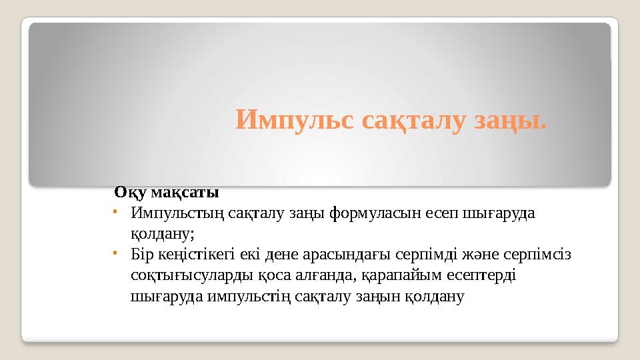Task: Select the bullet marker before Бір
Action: point(115,253)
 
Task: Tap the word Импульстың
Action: point(178,214)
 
